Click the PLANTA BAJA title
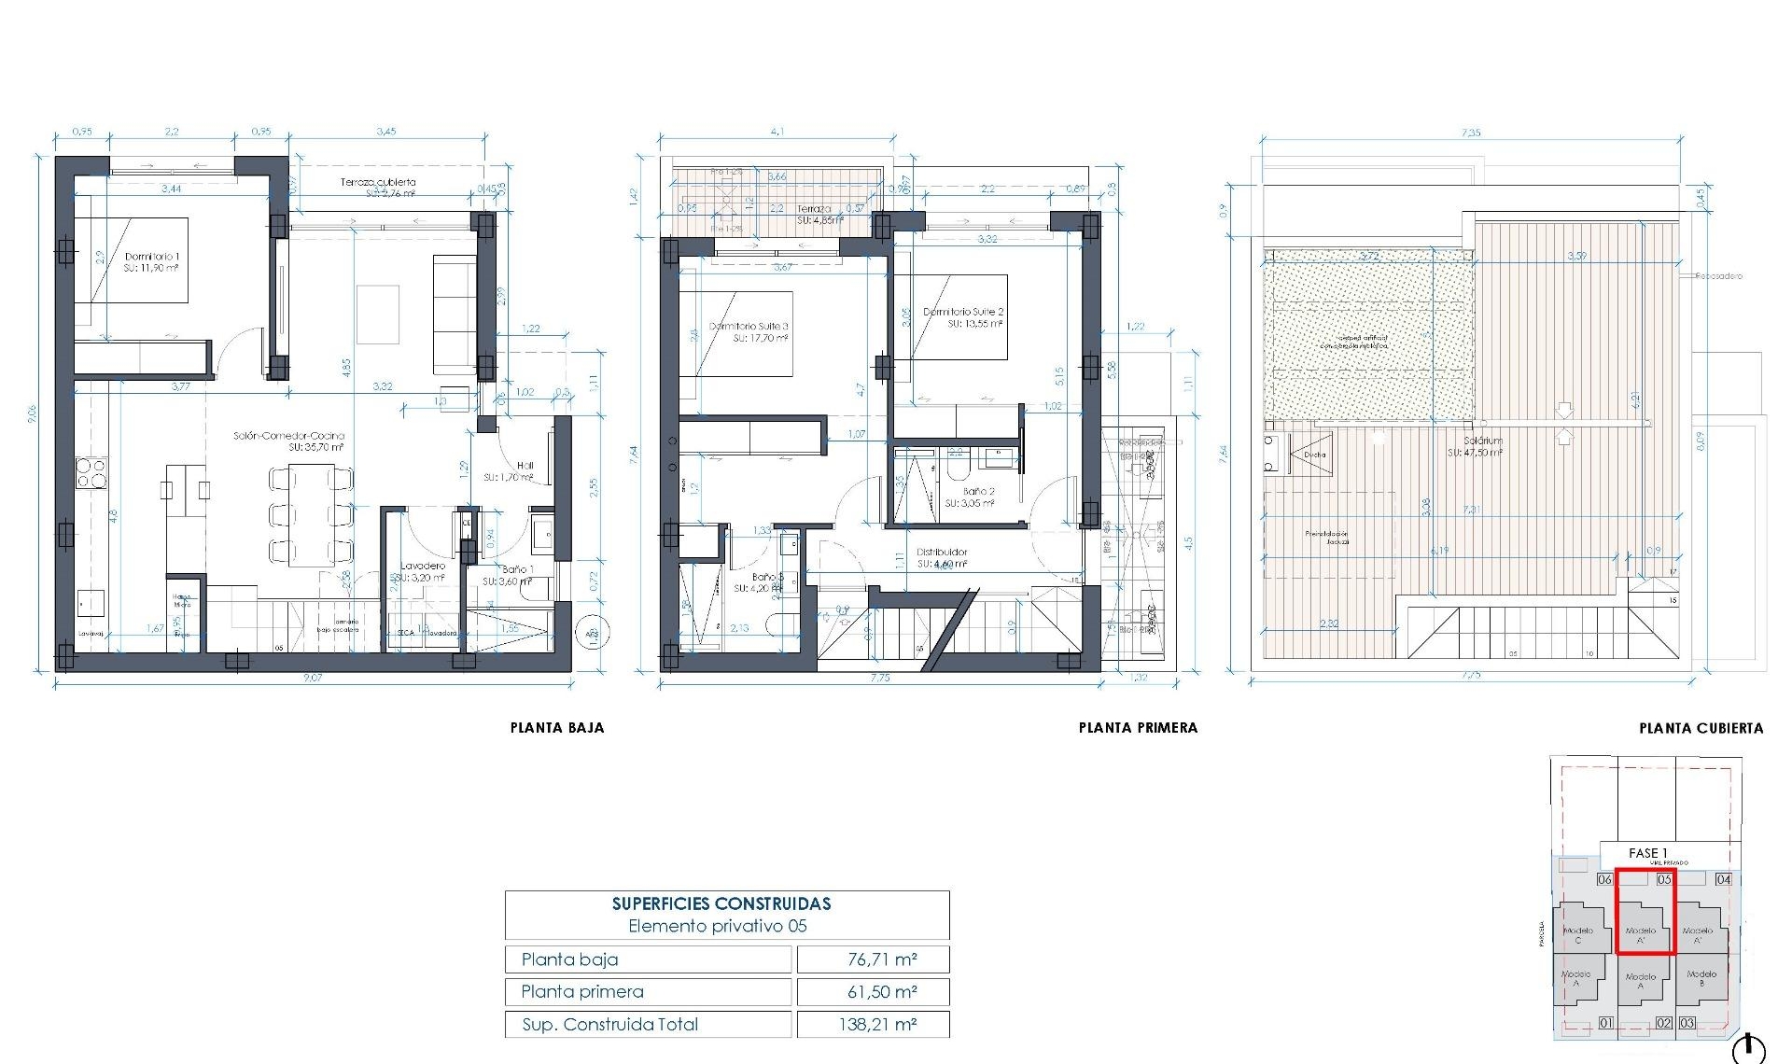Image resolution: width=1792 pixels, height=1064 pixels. [x=557, y=728]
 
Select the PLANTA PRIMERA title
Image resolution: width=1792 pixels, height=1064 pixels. [x=1138, y=728]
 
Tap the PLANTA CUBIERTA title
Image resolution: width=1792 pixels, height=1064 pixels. [x=1701, y=728]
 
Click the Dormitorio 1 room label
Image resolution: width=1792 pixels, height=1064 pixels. [x=151, y=257]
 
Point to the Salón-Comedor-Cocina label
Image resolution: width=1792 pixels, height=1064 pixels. [x=288, y=436]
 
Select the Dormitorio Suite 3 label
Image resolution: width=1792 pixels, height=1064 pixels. [x=749, y=327]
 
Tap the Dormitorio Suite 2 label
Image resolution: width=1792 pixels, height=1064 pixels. [x=963, y=312]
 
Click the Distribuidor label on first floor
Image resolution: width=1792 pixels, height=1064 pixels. [x=942, y=553]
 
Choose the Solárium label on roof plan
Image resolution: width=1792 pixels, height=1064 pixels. [x=1483, y=441]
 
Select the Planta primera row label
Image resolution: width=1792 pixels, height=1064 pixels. [x=582, y=991]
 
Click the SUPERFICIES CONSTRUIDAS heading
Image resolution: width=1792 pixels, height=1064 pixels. [x=721, y=903]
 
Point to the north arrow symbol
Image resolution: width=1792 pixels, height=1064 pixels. [x=1748, y=1049]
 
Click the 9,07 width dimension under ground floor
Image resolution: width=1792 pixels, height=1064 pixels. [x=313, y=678]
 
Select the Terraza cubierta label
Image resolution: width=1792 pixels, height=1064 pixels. [x=378, y=183]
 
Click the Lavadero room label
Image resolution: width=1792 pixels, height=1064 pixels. [x=423, y=566]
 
